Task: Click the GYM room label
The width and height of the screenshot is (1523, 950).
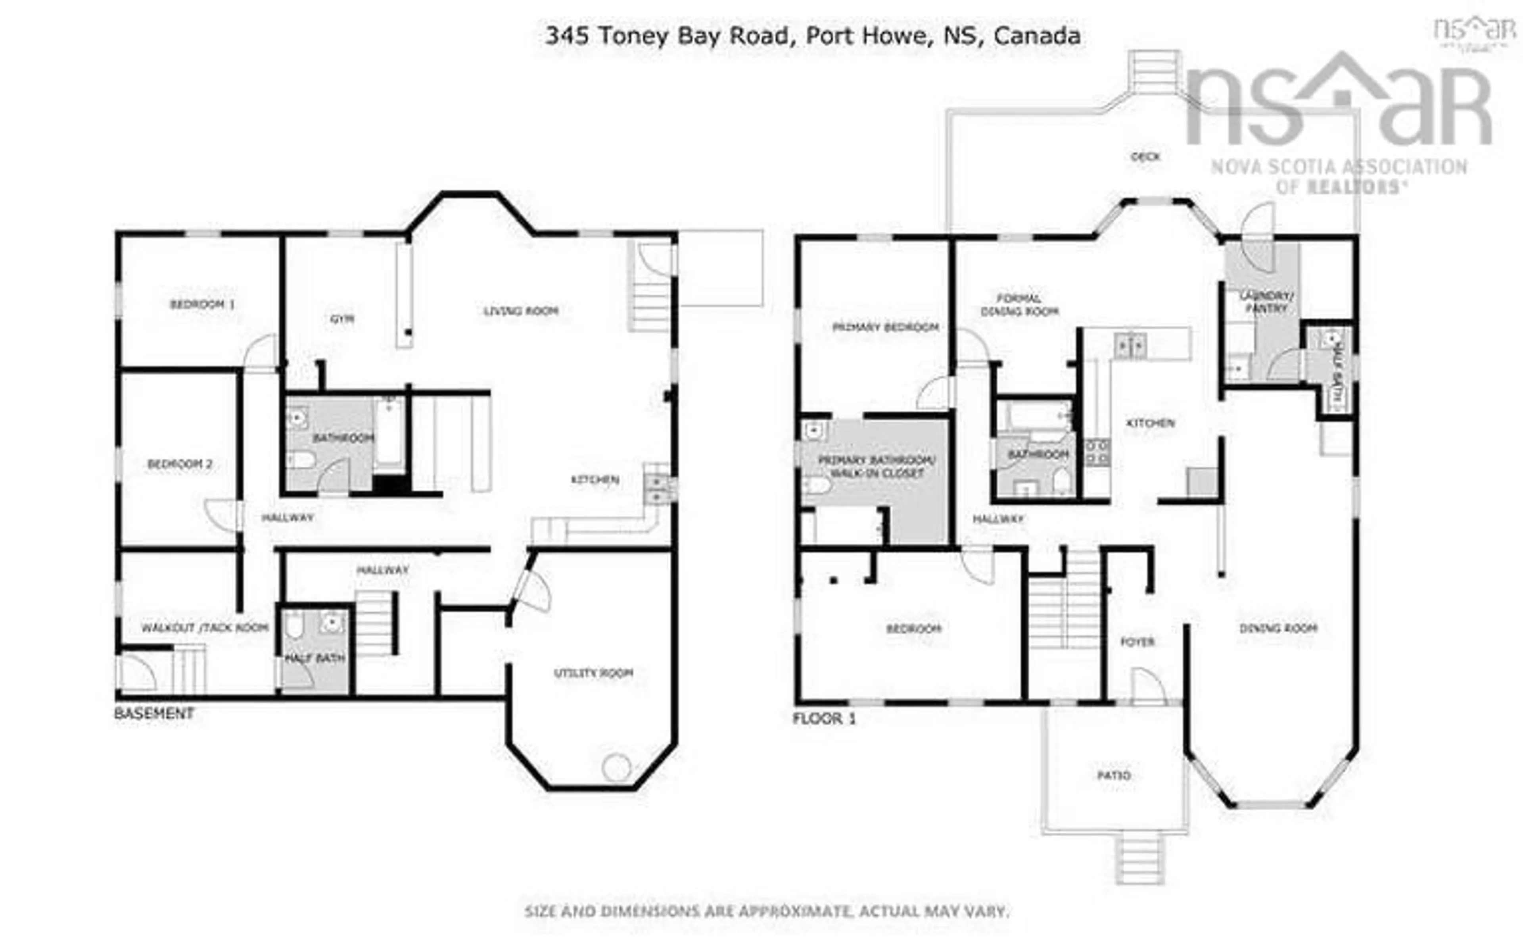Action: point(342,319)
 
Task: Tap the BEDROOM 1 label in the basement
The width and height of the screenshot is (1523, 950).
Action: point(202,305)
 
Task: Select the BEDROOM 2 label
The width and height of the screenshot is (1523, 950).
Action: point(180,464)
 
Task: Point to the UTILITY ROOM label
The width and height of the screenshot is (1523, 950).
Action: point(593,673)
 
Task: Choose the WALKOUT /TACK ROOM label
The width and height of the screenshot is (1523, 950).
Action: point(205,628)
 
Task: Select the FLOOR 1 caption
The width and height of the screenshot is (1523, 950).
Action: point(824,718)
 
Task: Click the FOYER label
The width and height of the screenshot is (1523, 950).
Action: point(1137,642)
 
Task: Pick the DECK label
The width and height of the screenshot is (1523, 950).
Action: point(1145,156)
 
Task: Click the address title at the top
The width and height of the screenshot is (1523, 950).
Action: point(812,36)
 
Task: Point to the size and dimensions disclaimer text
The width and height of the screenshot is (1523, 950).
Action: point(767,911)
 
